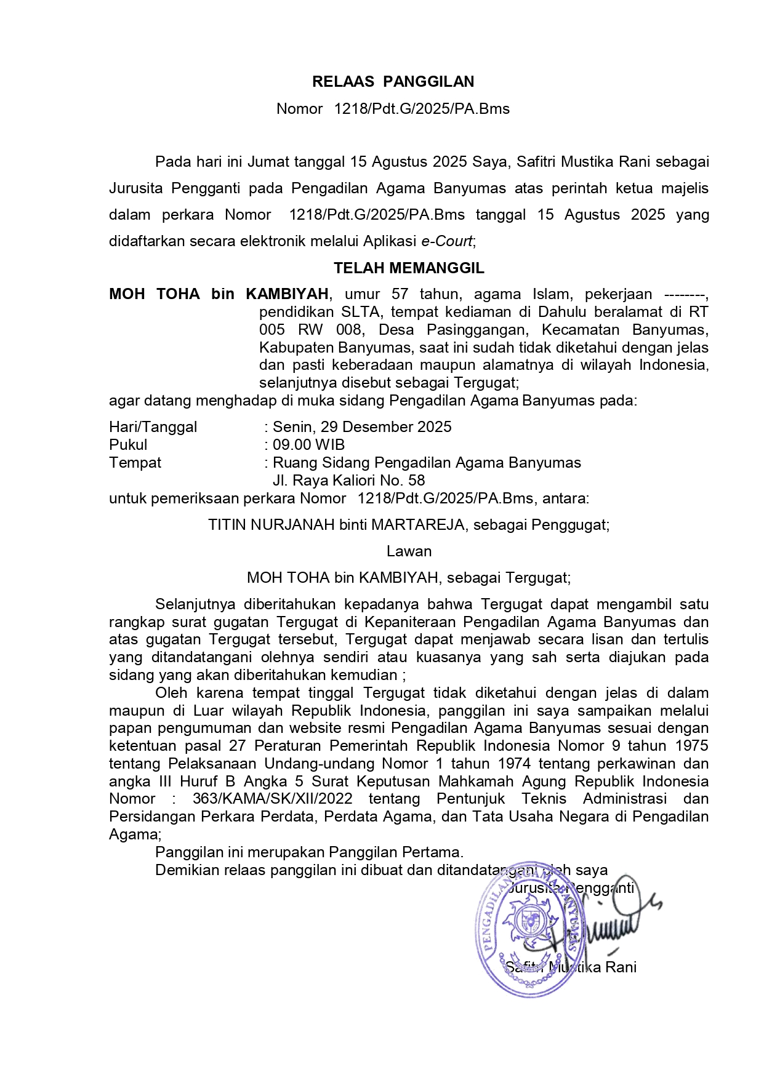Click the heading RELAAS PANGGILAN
(x=393, y=82)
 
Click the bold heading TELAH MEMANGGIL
(x=409, y=268)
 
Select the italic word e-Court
(x=446, y=241)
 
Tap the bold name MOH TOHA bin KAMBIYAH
(x=219, y=294)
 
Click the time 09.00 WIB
(x=308, y=445)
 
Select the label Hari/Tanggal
(x=153, y=427)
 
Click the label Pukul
(x=128, y=445)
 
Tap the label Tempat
(x=135, y=463)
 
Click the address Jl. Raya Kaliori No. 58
(x=348, y=481)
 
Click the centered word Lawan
(x=409, y=551)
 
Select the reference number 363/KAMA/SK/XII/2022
(x=272, y=799)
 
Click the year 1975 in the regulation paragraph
(x=689, y=746)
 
